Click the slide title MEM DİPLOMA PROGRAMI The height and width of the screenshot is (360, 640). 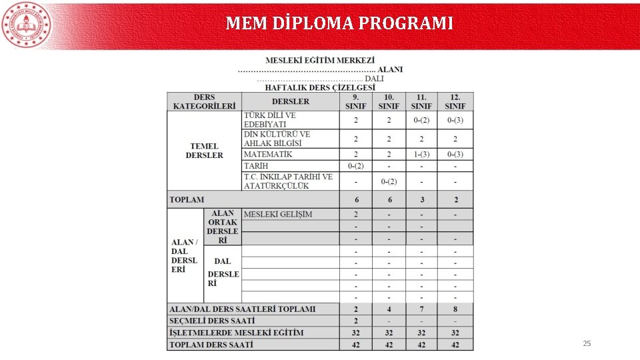[x=339, y=24]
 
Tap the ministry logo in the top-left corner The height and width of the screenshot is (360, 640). [x=27, y=25]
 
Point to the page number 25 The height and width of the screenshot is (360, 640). [x=587, y=343]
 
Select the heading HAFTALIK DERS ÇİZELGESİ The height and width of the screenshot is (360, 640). [x=320, y=87]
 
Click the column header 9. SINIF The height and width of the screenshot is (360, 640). [x=355, y=101]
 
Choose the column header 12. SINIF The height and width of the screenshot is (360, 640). [x=455, y=101]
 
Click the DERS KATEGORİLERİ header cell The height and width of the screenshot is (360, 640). [x=204, y=101]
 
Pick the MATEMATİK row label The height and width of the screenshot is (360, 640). [x=268, y=154]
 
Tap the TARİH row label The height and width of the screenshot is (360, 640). [x=256, y=165]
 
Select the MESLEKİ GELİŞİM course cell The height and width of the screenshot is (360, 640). [x=278, y=214]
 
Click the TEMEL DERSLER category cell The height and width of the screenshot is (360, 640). [x=204, y=151]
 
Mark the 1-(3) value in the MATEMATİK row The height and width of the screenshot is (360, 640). [x=421, y=154]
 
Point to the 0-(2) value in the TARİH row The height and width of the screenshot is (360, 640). [x=355, y=165]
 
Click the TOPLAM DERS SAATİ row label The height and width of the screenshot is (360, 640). [x=211, y=345]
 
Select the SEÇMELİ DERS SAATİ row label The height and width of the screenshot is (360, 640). [x=212, y=321]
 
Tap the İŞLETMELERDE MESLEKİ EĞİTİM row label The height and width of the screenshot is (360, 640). [x=236, y=333]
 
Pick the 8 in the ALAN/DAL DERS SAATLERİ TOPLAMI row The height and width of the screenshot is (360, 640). [x=455, y=309]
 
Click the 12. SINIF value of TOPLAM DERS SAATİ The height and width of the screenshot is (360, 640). [x=455, y=345]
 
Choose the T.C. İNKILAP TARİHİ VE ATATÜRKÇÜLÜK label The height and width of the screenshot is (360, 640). [x=288, y=181]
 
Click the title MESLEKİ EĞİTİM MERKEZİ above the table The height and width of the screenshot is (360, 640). [x=320, y=60]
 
